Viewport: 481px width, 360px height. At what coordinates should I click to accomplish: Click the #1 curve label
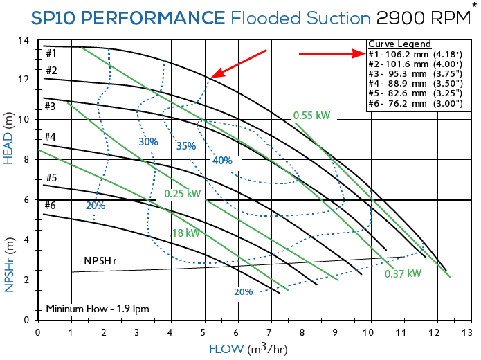point(51,53)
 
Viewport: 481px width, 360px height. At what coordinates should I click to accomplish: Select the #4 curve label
point(51,137)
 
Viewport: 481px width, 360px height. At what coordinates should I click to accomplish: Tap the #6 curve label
point(51,206)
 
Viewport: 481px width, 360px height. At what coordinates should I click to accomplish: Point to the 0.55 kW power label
point(311,116)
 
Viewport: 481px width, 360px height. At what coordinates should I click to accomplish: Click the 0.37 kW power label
point(403,273)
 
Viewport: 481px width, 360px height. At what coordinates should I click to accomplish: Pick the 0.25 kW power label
point(182,193)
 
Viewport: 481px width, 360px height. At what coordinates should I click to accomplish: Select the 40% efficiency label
point(223,161)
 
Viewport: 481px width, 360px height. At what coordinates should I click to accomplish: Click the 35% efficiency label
point(186,146)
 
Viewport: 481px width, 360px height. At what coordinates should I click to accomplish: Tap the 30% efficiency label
point(148,142)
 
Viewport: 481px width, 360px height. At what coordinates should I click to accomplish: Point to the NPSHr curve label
point(102,261)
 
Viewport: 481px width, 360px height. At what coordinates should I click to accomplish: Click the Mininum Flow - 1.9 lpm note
point(97,308)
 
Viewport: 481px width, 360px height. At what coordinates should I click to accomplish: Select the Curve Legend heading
point(399,44)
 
